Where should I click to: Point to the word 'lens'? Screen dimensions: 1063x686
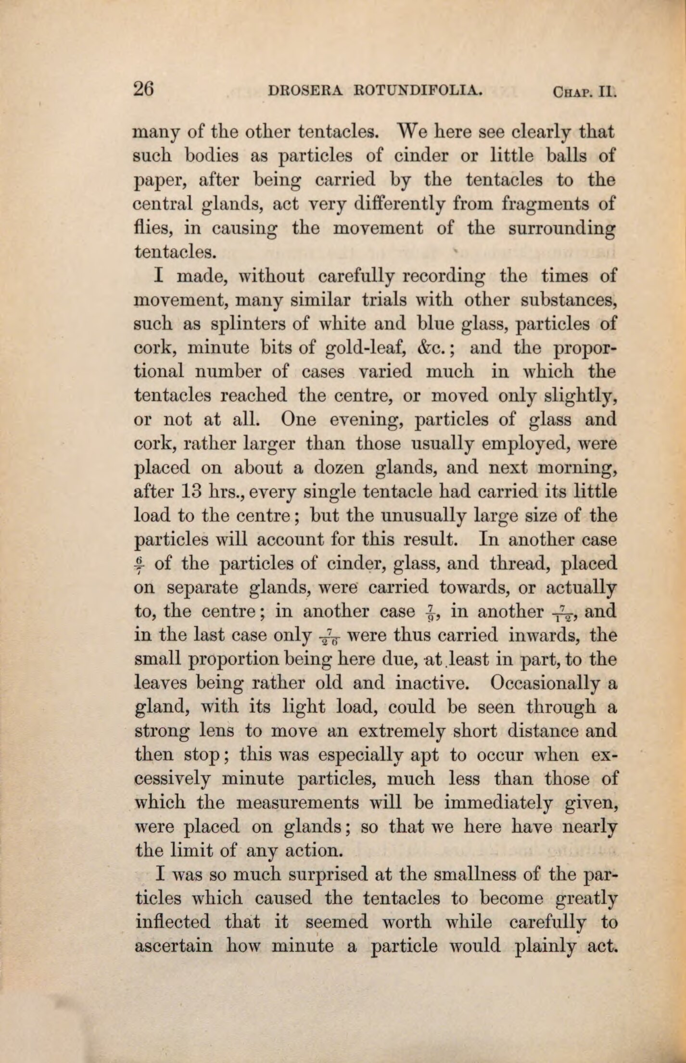coord(222,732)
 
